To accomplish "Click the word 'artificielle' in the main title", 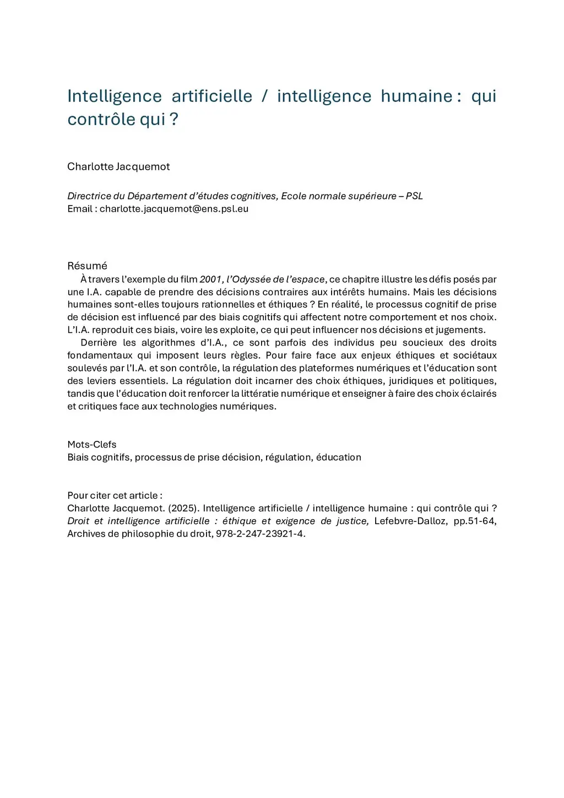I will [211, 96].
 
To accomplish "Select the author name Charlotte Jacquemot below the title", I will [118, 166].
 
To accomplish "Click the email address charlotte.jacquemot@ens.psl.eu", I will [174, 209].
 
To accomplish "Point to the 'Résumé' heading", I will [87, 266].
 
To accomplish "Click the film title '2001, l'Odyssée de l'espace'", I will [262, 279].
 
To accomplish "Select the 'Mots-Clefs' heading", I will [91, 444].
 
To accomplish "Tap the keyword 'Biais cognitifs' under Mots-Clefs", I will [99, 457].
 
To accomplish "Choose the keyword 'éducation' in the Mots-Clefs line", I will [339, 457].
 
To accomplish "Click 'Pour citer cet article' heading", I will [114, 495].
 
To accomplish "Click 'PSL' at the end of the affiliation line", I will [414, 196].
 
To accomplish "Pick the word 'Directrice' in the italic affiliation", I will [89, 196].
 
